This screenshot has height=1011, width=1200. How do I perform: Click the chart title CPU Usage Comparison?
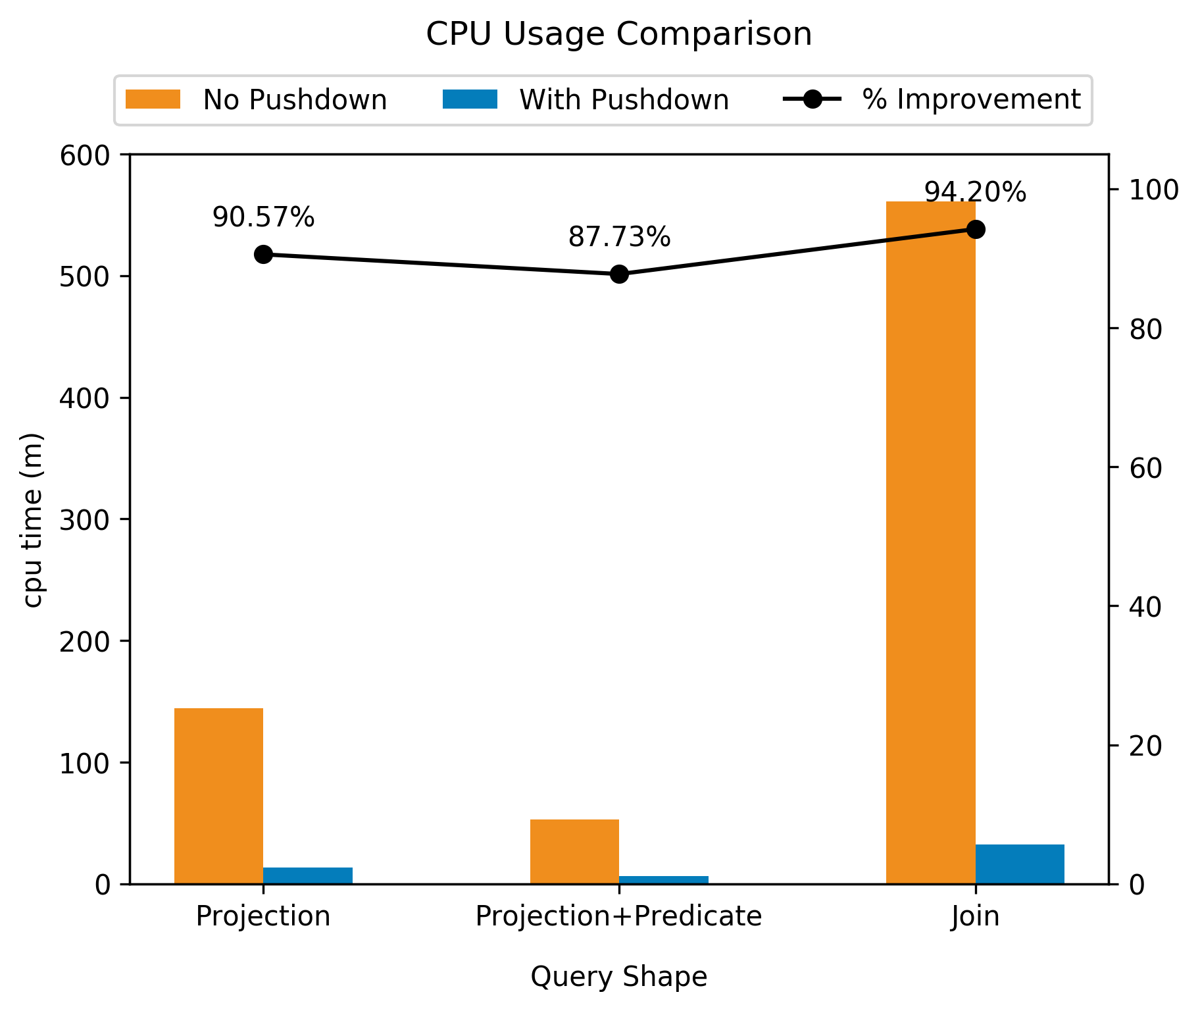click(618, 34)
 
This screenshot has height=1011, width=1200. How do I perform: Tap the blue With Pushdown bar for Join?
click(1019, 864)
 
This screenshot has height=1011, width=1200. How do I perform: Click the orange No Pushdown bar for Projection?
click(218, 796)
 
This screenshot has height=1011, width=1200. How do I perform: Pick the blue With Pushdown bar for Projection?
click(308, 876)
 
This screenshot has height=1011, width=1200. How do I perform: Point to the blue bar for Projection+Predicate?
click(663, 880)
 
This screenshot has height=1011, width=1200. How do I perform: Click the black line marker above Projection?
click(263, 255)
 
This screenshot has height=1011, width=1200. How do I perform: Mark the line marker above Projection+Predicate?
click(619, 274)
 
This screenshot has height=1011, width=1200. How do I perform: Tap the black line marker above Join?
click(975, 230)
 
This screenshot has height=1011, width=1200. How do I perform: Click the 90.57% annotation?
click(263, 218)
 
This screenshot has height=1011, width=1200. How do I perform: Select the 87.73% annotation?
click(619, 238)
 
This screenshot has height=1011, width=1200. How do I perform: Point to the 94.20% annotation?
click(975, 193)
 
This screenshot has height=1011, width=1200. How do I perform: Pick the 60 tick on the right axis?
click(1145, 468)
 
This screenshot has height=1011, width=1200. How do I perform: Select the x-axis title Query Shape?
click(618, 977)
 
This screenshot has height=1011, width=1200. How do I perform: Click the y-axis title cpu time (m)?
click(33, 520)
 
